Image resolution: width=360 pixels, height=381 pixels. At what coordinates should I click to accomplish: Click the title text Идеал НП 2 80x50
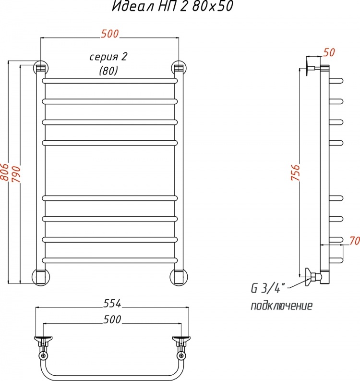click(173, 6)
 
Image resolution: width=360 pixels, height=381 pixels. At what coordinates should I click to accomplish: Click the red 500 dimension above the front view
click(110, 34)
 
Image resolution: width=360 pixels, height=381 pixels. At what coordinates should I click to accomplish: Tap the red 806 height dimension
click(4, 172)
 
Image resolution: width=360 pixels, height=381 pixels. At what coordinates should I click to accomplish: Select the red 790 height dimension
click(16, 174)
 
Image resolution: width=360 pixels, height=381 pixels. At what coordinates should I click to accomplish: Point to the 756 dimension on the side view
click(295, 172)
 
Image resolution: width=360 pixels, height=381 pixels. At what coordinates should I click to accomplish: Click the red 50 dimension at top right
click(329, 52)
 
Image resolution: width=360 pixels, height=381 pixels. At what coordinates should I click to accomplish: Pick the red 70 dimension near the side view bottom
click(354, 241)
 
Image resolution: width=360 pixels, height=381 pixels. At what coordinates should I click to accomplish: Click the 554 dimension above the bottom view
click(112, 304)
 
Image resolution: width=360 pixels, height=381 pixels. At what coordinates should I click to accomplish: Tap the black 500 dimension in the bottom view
click(112, 320)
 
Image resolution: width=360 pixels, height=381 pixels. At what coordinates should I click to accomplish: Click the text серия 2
click(108, 57)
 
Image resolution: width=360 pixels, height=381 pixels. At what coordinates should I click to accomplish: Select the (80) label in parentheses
click(108, 71)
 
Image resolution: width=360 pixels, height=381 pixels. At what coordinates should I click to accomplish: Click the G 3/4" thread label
click(265, 289)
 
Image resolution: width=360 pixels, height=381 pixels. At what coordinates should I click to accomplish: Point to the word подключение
click(281, 306)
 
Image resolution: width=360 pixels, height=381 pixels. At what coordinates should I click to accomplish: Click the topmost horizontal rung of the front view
click(110, 80)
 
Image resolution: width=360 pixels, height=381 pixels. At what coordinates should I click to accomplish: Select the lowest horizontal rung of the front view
click(110, 260)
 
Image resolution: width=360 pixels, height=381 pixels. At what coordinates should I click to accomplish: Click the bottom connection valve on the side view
click(313, 277)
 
